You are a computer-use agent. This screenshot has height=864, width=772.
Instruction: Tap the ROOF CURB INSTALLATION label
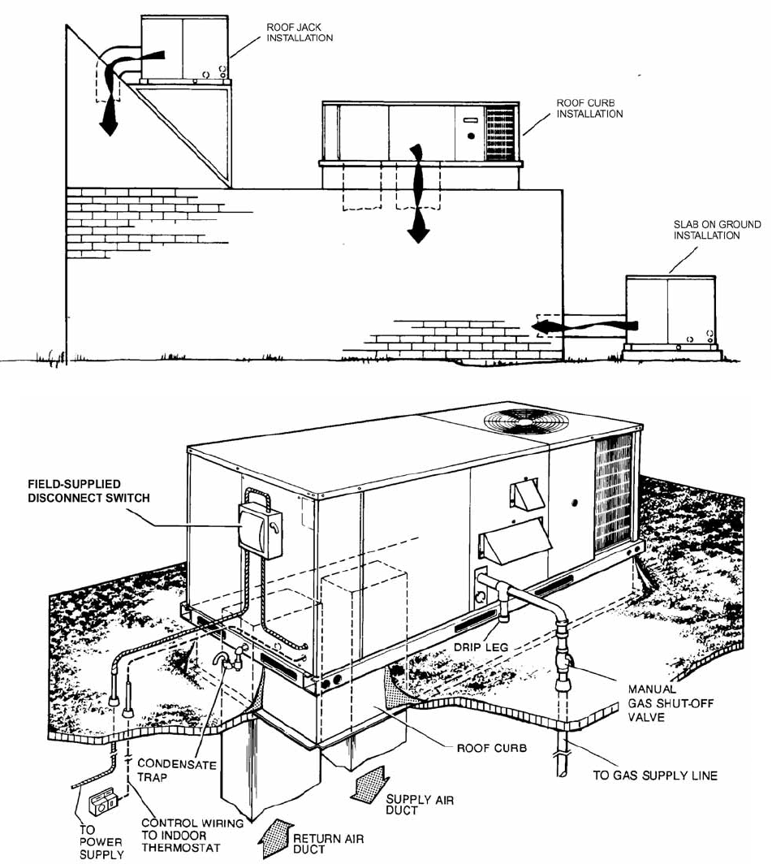coord(589,109)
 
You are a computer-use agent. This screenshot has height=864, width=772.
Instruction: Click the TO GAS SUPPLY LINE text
coord(655,775)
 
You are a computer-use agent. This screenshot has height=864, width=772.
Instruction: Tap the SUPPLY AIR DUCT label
coord(419,805)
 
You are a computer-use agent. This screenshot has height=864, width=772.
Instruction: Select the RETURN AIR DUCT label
coord(328,844)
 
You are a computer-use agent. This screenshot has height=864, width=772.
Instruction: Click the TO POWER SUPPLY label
coord(102,842)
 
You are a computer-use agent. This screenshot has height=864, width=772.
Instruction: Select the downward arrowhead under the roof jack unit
coord(106,127)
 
